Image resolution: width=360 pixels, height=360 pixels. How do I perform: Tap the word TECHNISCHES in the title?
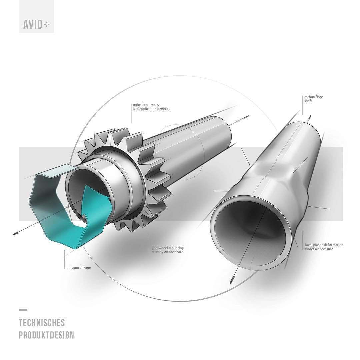pos(42,323)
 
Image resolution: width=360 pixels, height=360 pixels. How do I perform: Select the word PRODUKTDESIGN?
pos(46,335)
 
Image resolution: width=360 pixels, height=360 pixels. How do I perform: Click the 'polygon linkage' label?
pos(79,267)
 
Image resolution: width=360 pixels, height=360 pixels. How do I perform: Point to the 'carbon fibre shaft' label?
pos(313,99)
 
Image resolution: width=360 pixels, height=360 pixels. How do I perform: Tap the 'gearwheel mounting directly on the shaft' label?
pos(168,250)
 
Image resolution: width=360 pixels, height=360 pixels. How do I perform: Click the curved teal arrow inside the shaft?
pos(96,207)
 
